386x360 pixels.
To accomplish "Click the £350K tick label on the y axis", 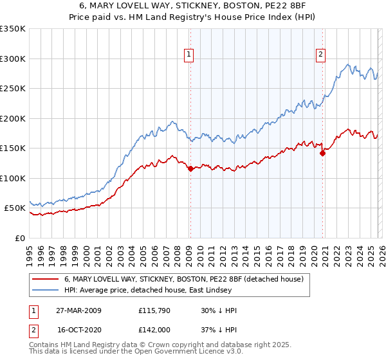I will [13, 29].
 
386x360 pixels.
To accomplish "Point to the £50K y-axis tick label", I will [15, 208].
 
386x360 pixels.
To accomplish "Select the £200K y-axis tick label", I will [13, 118].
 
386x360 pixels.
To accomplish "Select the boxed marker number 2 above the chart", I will [320, 55].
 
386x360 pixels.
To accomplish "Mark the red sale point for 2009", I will [190, 169].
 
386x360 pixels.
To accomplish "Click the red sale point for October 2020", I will [322, 153].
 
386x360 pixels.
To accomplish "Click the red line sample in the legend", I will [45, 278].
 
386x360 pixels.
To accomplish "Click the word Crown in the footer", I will [172, 345].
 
